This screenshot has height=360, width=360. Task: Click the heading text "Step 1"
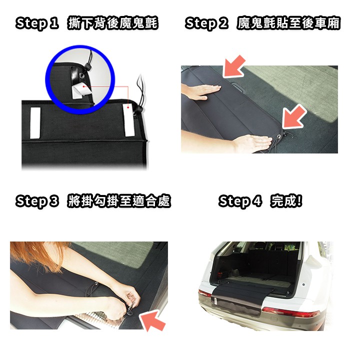[x=37, y=23]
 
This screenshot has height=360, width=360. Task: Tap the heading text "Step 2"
[x=206, y=23]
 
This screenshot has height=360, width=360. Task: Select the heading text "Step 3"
[x=37, y=201]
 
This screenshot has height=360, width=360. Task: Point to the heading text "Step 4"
[x=240, y=201]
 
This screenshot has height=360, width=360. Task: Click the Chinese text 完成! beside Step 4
[x=286, y=201]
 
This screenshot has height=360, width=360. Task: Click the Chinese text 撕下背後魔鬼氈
[x=112, y=23]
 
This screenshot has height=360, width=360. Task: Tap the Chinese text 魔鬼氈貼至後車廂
[x=288, y=23]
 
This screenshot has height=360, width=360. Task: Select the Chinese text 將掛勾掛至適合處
[x=119, y=201]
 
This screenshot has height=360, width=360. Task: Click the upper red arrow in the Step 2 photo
[x=233, y=66]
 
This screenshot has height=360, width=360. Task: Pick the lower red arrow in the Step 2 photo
[x=294, y=116]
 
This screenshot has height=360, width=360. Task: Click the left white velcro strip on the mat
[x=35, y=123]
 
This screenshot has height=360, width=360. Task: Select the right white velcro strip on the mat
[x=129, y=120]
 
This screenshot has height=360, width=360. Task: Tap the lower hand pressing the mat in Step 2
[x=250, y=143]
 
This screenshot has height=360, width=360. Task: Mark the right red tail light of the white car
[x=291, y=312]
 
